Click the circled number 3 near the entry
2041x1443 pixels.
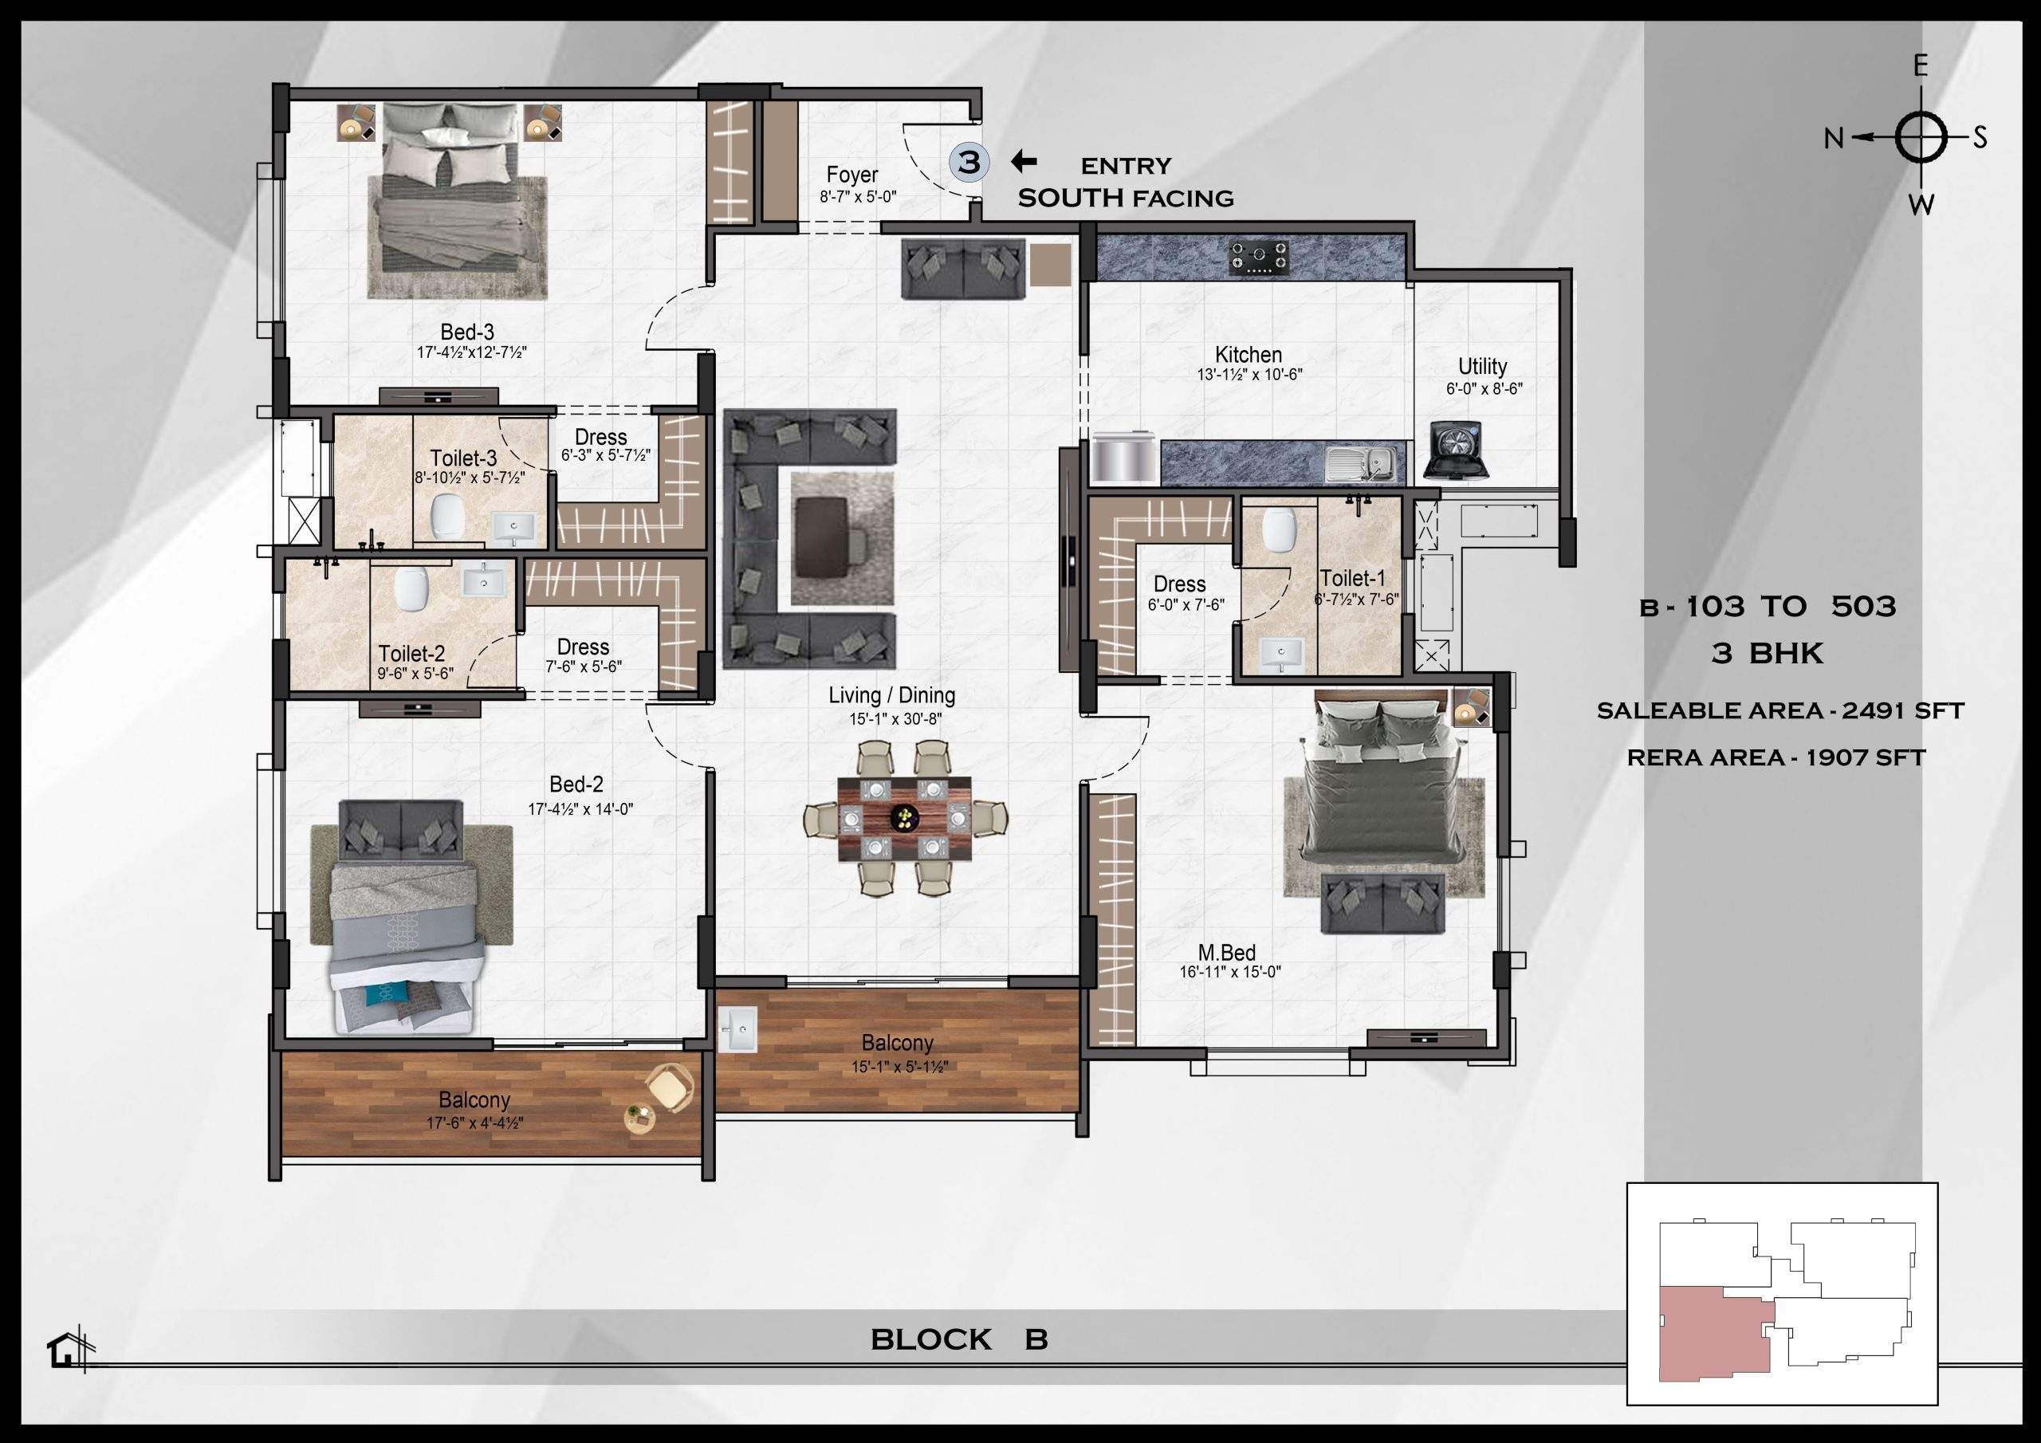[x=969, y=162]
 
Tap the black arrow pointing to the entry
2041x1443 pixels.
[x=1024, y=161]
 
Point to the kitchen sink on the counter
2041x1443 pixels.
[x=1359, y=462]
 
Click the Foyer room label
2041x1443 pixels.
[x=851, y=175]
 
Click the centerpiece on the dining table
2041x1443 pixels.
[x=906, y=816]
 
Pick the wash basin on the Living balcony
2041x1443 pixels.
[x=737, y=1028]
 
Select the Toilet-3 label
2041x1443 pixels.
[x=463, y=458]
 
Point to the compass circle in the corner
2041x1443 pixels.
[x=1920, y=138]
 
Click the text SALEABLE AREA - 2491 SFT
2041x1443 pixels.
[x=1779, y=710]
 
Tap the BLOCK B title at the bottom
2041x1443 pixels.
[x=958, y=1339]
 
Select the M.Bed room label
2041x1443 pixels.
[x=1227, y=953]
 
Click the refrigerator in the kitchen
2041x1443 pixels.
[x=1124, y=458]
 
